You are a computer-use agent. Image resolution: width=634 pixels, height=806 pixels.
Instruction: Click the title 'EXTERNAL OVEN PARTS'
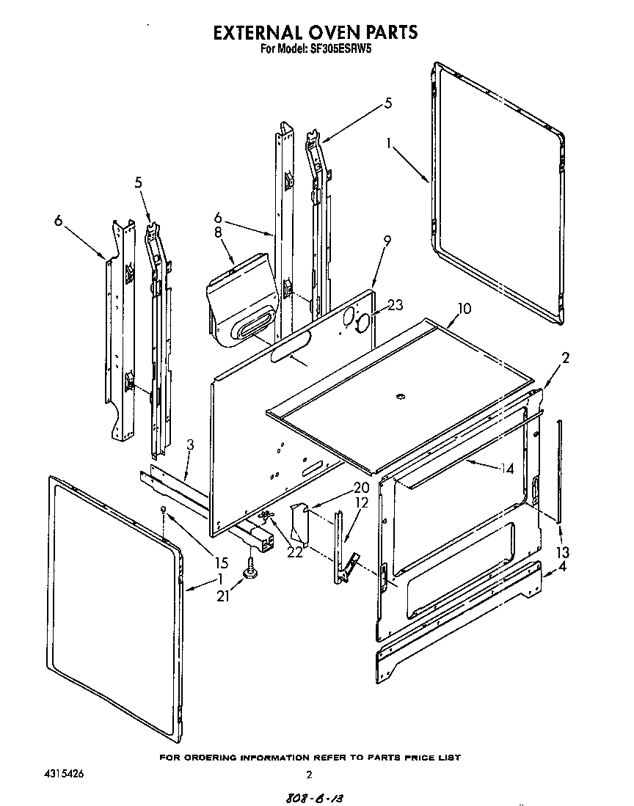315,32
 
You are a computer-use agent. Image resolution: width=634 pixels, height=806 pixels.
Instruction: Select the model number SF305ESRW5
342,51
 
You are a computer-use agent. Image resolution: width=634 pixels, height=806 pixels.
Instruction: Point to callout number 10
464,308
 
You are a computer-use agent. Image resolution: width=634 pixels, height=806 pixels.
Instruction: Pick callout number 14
507,468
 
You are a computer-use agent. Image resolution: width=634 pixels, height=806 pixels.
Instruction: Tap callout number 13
562,552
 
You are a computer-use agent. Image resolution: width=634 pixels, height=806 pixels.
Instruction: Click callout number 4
562,567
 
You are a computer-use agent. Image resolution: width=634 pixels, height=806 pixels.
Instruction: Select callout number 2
566,358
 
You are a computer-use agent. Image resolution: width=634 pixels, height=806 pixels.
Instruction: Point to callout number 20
340,488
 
